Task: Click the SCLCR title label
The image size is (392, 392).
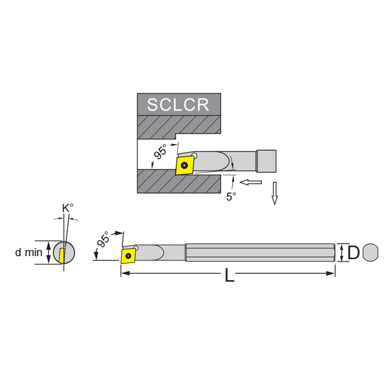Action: (178, 104)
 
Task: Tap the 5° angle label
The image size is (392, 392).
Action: (231, 196)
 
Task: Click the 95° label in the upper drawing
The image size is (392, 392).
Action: (160, 151)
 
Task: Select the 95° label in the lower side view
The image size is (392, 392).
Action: (103, 239)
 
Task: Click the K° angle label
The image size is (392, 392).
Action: (68, 208)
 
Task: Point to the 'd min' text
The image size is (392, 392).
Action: (29, 252)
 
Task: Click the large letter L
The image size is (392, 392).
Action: (229, 275)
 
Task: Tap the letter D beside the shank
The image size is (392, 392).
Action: (353, 252)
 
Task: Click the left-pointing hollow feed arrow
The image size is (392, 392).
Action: (250, 182)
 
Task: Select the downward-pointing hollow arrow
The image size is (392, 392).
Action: (275, 193)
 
